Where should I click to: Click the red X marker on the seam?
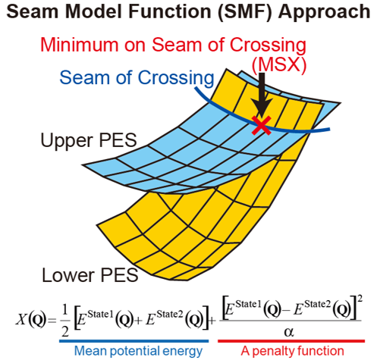(262, 125)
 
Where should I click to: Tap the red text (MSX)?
(279, 65)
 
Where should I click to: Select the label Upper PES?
(89, 141)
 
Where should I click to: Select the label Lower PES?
(90, 275)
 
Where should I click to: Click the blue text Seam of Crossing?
(137, 78)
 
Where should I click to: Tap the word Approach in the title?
(324, 12)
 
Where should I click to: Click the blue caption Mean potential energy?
(138, 351)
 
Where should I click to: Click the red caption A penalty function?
(292, 351)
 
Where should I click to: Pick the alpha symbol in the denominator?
(289, 332)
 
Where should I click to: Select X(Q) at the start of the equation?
(31, 320)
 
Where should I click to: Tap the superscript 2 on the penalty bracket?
(360, 299)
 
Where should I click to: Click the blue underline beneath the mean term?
(134, 341)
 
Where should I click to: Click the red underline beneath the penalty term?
(291, 341)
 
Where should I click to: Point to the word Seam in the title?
(33, 11)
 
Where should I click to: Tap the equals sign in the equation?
(52, 321)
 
